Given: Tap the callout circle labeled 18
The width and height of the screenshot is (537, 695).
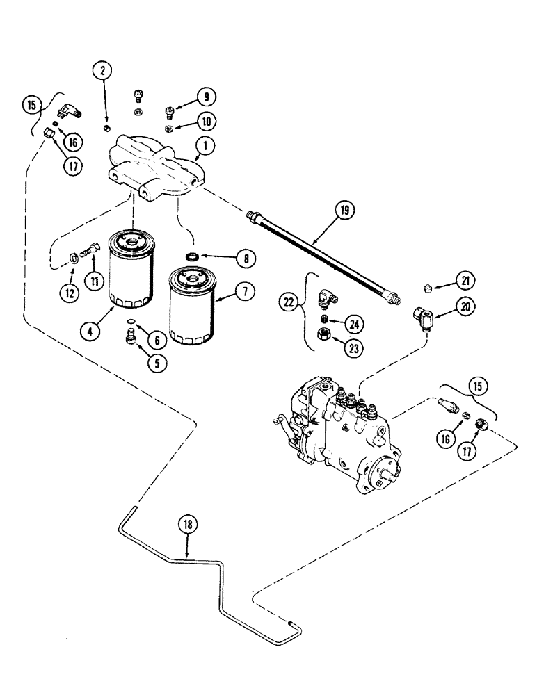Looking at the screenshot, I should [187, 528].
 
